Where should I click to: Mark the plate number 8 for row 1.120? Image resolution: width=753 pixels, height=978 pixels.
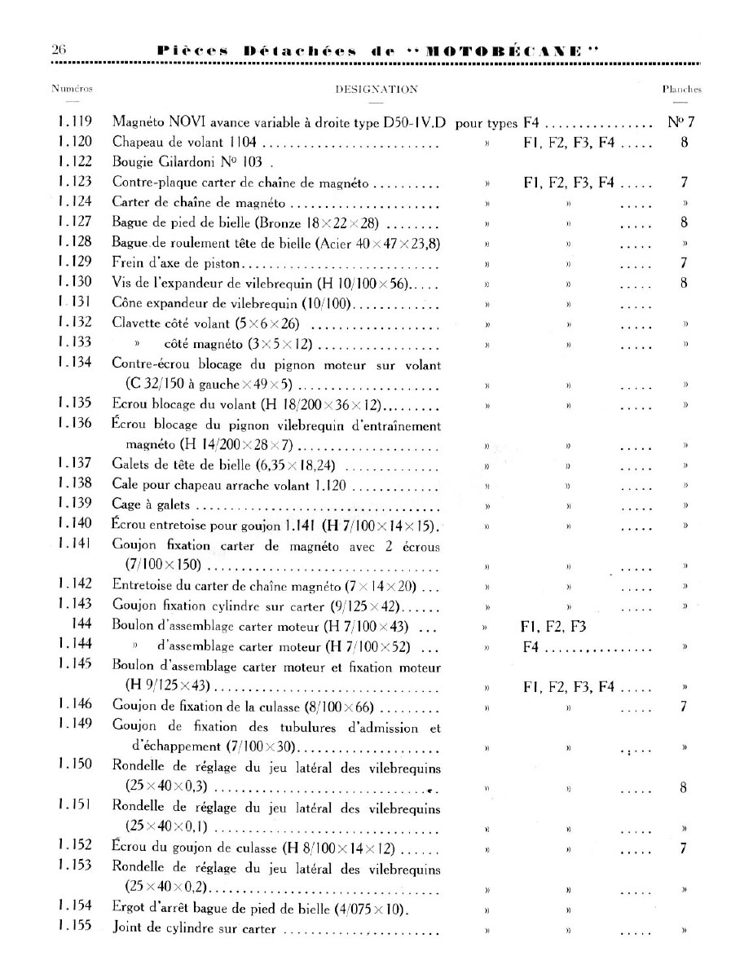click(x=685, y=143)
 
